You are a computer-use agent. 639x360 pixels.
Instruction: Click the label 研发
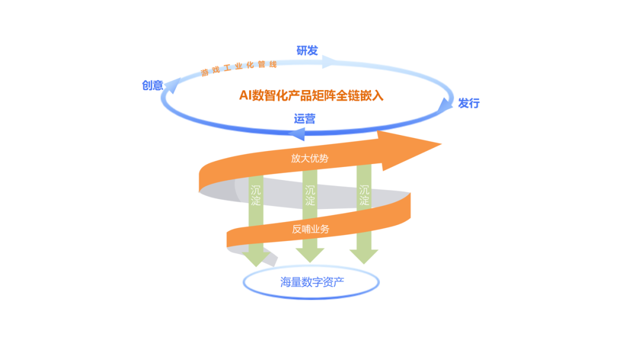307,51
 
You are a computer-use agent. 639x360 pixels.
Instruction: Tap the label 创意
152,85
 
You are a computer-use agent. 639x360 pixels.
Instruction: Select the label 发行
469,104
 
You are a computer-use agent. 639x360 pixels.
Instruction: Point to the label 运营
305,118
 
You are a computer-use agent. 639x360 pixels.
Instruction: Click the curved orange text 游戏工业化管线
238,68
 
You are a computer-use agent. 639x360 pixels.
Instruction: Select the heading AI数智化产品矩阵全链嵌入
311,95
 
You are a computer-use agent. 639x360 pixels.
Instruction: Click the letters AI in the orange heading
245,95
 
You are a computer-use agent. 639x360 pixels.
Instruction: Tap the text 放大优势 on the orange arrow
309,158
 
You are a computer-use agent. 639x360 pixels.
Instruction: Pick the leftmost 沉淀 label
256,196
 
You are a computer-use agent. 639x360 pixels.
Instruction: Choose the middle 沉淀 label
310,196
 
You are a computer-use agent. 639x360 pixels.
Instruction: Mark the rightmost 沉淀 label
364,196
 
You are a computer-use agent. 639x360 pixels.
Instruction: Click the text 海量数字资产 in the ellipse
312,282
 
